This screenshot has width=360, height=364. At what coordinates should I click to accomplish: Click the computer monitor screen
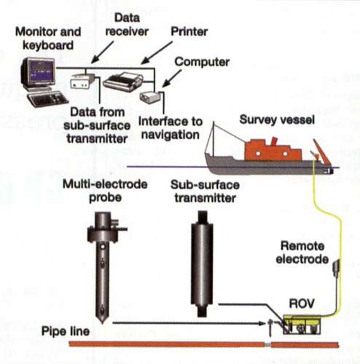pyautogui.click(x=42, y=71)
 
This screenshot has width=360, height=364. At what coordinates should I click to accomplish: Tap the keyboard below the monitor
pyautogui.click(x=47, y=98)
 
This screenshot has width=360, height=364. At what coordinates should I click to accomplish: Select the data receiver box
pyautogui.click(x=82, y=81)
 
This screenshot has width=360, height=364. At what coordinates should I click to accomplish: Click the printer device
pyautogui.click(x=122, y=82)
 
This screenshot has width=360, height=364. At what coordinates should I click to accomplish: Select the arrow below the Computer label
pyautogui.click(x=172, y=78)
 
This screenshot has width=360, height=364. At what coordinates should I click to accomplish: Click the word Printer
pyautogui.click(x=189, y=31)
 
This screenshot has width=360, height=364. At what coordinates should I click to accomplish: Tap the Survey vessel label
pyautogui.click(x=277, y=119)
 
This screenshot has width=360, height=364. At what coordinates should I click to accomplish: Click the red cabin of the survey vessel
pyautogui.click(x=272, y=151)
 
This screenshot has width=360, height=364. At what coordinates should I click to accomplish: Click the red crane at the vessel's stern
pyautogui.click(x=322, y=151)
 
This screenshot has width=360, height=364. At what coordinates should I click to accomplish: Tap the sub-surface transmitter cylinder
pyautogui.click(x=202, y=264)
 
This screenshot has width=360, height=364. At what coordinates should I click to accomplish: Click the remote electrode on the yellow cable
pyautogui.click(x=336, y=267)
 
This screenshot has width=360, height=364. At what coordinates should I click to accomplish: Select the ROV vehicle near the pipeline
pyautogui.click(x=302, y=324)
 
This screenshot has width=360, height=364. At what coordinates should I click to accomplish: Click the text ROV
pyautogui.click(x=302, y=304)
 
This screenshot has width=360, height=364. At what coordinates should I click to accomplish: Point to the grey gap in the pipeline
pyautogui.click(x=267, y=344)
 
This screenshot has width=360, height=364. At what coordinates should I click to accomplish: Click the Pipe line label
pyautogui.click(x=66, y=331)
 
